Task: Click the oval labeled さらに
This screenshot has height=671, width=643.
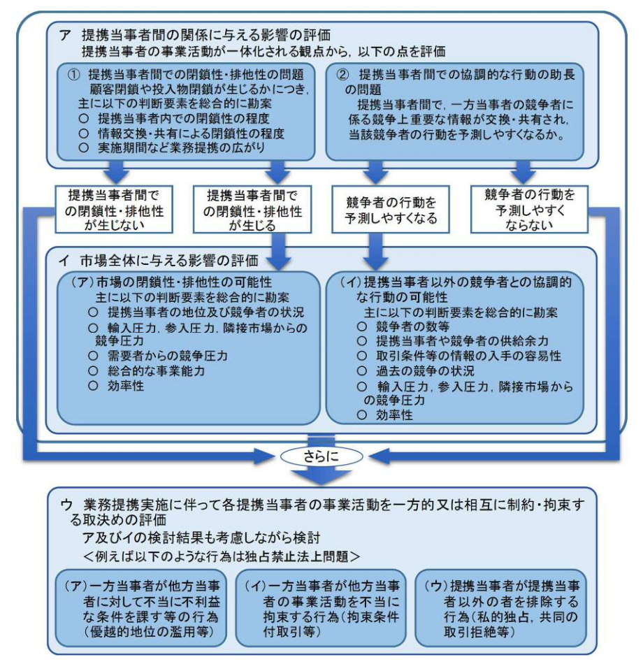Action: click(x=321, y=456)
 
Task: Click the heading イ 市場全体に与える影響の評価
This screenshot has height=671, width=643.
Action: click(x=159, y=261)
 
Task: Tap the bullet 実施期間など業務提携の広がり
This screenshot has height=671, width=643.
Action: click(x=185, y=147)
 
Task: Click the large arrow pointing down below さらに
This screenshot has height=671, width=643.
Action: click(x=321, y=477)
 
